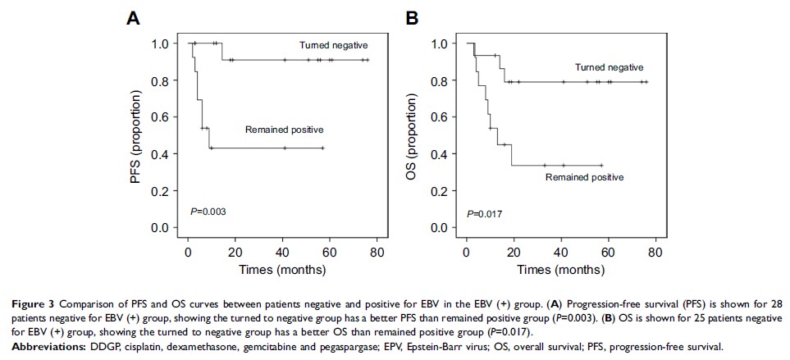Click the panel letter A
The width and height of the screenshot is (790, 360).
[x=132, y=16]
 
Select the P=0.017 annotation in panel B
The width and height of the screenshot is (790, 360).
[x=483, y=214]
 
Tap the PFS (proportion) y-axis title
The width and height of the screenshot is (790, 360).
[x=136, y=135]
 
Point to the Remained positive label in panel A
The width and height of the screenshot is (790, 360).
[x=284, y=130]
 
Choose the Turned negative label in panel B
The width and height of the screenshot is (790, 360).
[x=609, y=67]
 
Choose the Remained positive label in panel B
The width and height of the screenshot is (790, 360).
[x=584, y=176]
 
